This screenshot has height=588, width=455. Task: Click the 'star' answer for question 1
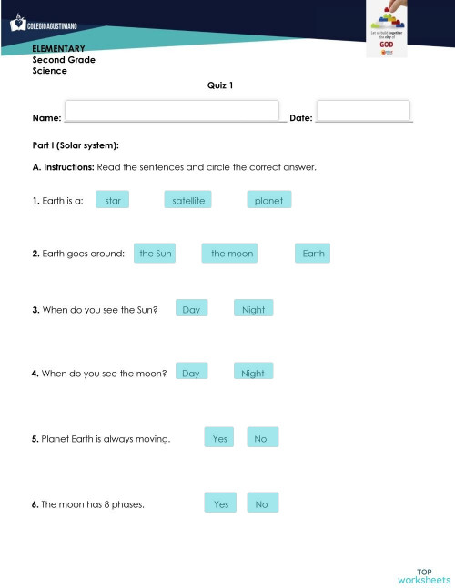[x=113, y=200]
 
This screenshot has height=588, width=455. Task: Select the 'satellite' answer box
[x=188, y=200]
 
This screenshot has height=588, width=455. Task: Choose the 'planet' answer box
[x=269, y=200]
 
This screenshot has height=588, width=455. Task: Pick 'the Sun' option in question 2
[x=155, y=254]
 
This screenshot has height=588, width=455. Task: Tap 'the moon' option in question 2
[x=232, y=254]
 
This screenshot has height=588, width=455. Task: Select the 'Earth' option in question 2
[x=313, y=254]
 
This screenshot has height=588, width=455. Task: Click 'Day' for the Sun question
[x=191, y=309]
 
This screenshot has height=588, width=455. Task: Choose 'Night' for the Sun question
[x=254, y=309]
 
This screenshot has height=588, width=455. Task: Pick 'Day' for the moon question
[x=191, y=373]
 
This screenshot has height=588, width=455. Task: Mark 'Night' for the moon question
[x=254, y=373]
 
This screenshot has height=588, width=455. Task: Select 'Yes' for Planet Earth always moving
[x=220, y=439]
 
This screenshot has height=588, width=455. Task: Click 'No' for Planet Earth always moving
[x=261, y=439]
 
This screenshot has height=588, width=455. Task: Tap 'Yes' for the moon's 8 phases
[x=221, y=503]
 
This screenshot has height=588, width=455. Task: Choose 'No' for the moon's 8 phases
[x=262, y=503]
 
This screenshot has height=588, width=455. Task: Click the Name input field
[x=172, y=111]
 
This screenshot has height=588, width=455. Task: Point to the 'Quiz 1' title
[x=220, y=85]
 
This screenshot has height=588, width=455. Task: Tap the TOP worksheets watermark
[x=424, y=574]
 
